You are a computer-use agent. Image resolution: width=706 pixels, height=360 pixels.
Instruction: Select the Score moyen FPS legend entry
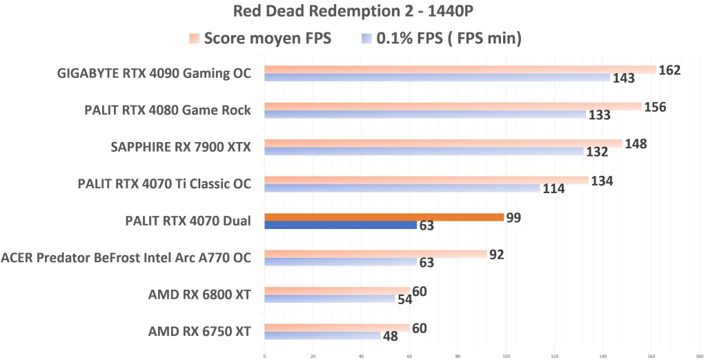260,39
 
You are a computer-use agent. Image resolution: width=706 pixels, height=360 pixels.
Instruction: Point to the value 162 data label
670,70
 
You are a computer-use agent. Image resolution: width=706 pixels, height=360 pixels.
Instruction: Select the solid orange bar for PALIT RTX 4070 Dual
384,217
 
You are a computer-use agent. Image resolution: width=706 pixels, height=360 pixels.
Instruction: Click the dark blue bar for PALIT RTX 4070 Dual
340,225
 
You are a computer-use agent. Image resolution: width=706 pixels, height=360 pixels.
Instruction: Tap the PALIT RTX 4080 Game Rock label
167,110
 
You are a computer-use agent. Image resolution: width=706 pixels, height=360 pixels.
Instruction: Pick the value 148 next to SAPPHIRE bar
636,143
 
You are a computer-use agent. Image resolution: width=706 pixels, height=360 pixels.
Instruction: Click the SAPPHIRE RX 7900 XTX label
180,147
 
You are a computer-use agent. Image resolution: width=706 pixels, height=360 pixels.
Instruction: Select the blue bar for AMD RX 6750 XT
322,336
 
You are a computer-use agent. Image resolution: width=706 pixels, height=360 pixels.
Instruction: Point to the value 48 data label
391,336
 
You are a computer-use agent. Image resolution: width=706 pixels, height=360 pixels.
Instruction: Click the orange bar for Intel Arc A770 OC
375,254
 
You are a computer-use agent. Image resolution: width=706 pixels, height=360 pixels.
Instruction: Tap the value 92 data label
496,254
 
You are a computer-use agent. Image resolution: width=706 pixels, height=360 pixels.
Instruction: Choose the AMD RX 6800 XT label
199,295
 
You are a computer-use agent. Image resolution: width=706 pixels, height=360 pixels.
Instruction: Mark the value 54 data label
406,299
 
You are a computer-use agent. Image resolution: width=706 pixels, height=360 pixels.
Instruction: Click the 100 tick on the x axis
507,357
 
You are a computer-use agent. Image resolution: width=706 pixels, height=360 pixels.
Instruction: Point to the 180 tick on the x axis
699,357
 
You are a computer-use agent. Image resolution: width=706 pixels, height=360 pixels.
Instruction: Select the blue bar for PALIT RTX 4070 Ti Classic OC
402,188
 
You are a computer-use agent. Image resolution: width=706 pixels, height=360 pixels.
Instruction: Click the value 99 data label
513,218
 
